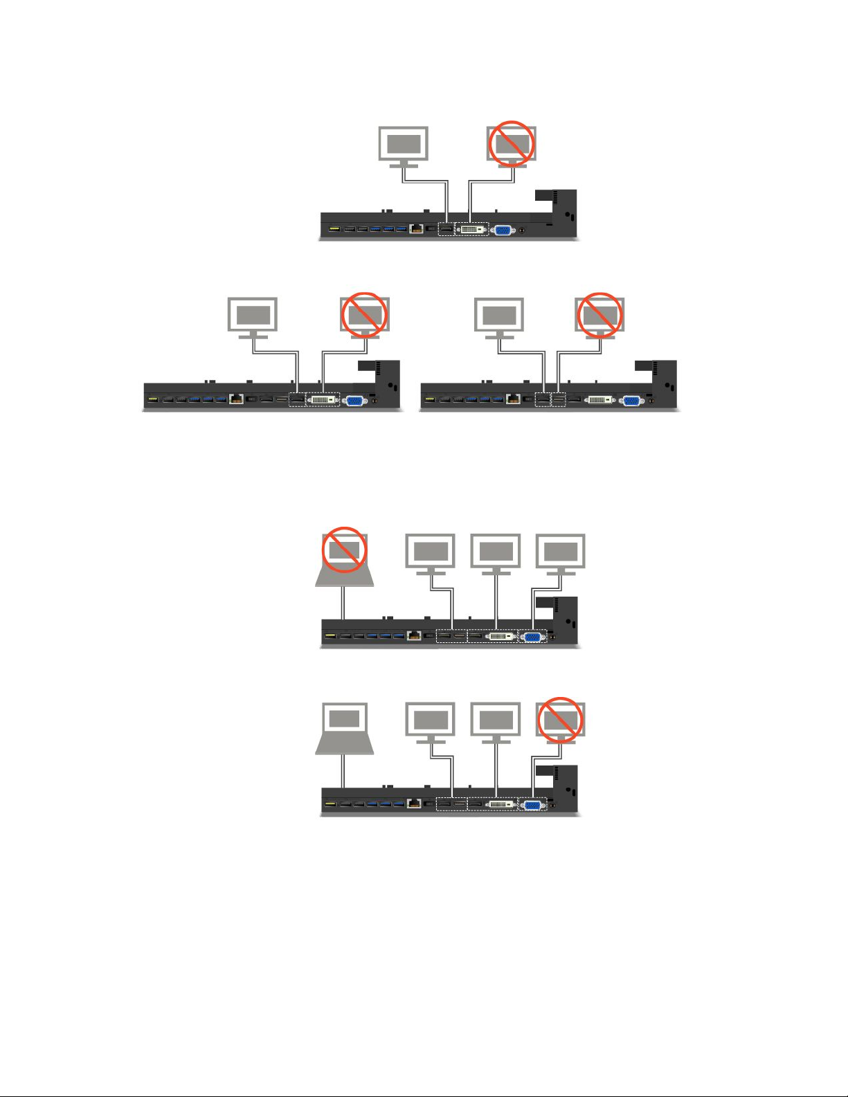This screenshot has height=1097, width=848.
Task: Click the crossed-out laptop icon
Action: pyautogui.click(x=345, y=559)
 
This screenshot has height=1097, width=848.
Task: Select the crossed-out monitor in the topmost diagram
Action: pyautogui.click(x=512, y=145)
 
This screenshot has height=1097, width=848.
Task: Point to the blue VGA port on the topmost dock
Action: pyautogui.click(x=503, y=230)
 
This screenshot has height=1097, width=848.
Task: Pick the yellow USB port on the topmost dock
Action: pyautogui.click(x=333, y=229)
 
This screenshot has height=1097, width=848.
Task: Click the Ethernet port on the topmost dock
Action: pyautogui.click(x=417, y=229)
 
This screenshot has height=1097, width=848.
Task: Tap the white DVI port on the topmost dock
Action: pyautogui.click(x=471, y=229)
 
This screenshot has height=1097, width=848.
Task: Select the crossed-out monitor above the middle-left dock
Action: pyautogui.click(x=364, y=316)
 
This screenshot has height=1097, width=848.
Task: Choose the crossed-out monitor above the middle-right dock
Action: pyautogui.click(x=599, y=316)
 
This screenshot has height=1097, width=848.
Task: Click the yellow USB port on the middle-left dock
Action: pyautogui.click(x=153, y=399)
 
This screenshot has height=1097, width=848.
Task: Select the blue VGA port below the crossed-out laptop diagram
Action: pyautogui.click(x=532, y=636)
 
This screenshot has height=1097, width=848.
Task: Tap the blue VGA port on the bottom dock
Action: pyautogui.click(x=532, y=805)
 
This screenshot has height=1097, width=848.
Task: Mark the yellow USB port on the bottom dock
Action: pyautogui.click(x=330, y=804)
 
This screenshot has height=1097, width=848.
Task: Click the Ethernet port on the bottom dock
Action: pyautogui.click(x=415, y=804)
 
